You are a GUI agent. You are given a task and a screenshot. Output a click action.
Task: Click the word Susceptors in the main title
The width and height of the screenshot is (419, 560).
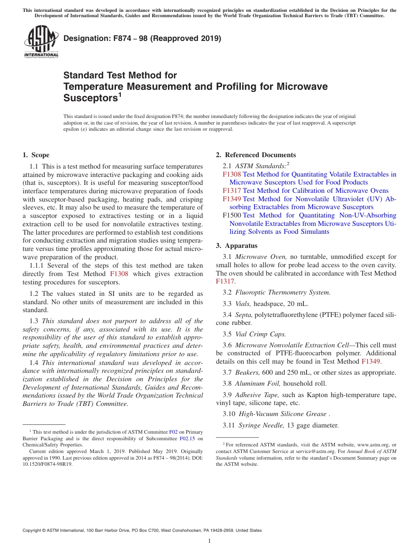tap(90, 97)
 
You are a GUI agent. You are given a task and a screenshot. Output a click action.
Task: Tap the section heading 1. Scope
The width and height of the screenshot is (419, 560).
tap(36, 155)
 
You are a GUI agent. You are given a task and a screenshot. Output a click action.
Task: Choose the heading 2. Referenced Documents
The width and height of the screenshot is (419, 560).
tap(256, 155)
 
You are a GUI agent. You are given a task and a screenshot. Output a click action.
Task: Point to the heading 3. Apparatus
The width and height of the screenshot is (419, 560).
tap(236, 246)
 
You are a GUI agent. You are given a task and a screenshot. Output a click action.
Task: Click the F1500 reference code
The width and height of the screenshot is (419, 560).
tap(232, 215)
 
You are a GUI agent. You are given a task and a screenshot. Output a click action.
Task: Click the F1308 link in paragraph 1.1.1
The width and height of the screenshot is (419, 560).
tap(119, 274)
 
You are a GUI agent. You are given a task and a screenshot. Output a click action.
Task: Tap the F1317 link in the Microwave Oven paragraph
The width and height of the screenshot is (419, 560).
tap(225, 281)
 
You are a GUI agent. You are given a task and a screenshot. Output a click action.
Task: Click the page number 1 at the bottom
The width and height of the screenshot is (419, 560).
tap(209, 541)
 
